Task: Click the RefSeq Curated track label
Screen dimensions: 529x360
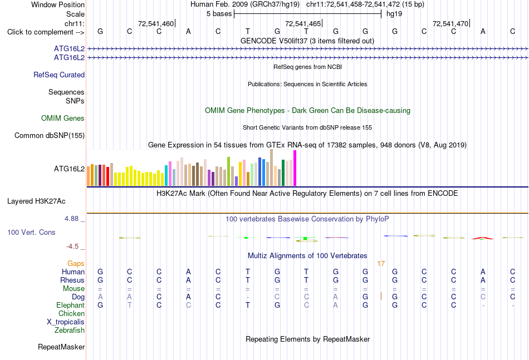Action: (x=59, y=75)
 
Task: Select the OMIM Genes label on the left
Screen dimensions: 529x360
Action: (x=63, y=119)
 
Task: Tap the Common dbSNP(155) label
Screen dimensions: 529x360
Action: (x=50, y=136)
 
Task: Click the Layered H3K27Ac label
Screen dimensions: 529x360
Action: (x=36, y=201)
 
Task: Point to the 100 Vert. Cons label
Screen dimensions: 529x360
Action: (x=31, y=232)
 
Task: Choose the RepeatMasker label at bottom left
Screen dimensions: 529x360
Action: (x=61, y=347)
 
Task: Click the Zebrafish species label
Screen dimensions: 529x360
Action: (x=70, y=331)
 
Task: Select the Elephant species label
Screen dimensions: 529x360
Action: (x=71, y=305)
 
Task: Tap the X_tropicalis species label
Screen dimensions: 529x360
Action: (x=66, y=322)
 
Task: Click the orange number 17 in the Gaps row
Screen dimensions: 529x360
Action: (x=381, y=264)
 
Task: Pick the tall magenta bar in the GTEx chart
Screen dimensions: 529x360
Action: (x=295, y=168)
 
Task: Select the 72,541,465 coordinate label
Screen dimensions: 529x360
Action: (x=303, y=23)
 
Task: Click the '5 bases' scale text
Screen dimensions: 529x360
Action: (x=219, y=14)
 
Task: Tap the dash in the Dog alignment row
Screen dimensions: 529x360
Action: (x=248, y=297)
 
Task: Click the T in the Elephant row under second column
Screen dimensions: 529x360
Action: (x=130, y=305)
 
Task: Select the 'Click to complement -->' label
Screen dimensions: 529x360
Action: (x=46, y=32)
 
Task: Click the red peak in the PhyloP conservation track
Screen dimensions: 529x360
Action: (x=482, y=238)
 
